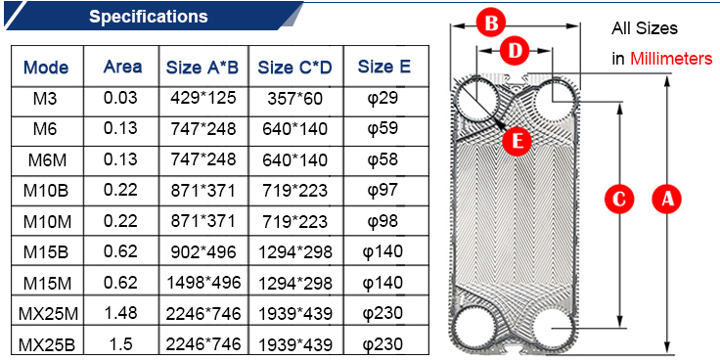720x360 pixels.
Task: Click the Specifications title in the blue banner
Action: [149, 17]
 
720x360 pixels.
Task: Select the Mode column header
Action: [46, 67]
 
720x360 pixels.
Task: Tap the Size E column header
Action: [383, 67]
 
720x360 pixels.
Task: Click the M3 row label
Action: [45, 99]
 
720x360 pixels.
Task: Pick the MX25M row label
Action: [48, 314]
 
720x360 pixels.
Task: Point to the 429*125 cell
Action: [202, 98]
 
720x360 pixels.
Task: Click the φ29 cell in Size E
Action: [384, 99]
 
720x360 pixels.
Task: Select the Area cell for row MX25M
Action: [120, 313]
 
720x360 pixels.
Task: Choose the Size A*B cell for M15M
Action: [202, 283]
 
